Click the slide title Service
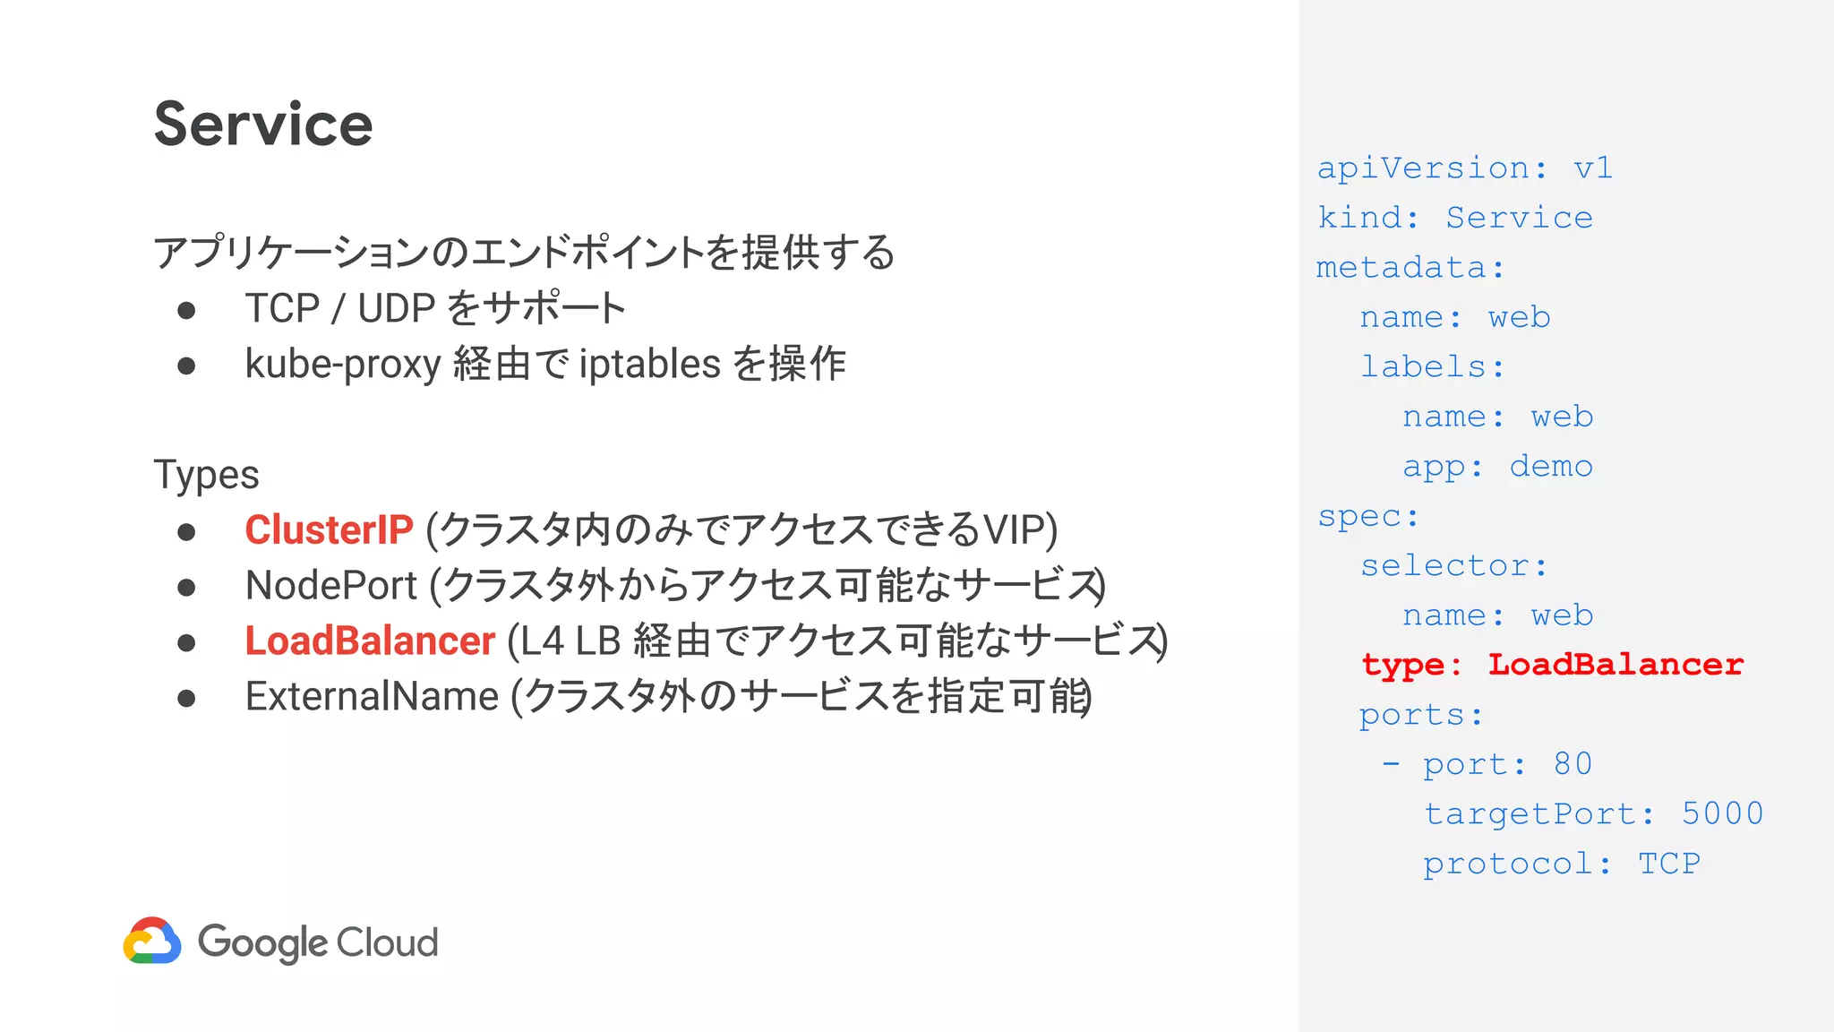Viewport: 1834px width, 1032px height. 263,124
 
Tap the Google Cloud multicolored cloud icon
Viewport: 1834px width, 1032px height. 152,941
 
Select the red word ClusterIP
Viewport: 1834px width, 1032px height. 329,529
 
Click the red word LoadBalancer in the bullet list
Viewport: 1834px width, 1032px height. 370,641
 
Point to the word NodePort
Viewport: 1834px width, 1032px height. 331,585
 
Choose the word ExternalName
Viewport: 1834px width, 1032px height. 372,696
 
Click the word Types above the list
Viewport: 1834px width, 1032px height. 206,475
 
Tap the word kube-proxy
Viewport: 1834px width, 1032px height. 343,364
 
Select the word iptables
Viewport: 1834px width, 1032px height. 649,364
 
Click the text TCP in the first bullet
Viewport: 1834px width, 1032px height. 282,308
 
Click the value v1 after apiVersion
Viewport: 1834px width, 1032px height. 1593,168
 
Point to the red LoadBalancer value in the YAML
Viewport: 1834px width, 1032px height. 1615,664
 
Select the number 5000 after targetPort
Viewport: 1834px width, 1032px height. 1722,813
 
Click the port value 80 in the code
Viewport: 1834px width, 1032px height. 1573,763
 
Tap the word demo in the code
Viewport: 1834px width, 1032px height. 1551,466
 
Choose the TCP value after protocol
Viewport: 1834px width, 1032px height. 1668,863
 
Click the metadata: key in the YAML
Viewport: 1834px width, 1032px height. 1410,267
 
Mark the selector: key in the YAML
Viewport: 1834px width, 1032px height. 1453,565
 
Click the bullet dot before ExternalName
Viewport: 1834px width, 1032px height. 186,698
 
